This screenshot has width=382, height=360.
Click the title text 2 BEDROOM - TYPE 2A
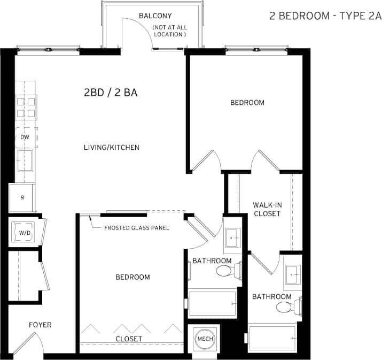coord(325,16)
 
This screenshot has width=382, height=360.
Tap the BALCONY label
coord(155,16)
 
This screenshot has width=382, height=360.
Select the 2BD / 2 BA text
coord(111,93)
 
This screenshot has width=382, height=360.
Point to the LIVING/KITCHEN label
coord(112,147)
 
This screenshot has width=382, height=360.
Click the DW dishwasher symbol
coord(25,137)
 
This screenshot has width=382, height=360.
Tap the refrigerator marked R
coord(22,197)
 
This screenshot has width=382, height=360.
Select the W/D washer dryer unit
coord(23,232)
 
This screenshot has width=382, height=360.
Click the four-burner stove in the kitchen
coord(26,106)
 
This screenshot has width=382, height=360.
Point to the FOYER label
coord(40,325)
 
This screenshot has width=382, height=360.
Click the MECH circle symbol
coord(205,339)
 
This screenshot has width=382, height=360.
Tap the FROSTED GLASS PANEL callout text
coord(136,228)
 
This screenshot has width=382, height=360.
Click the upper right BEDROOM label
coord(247,102)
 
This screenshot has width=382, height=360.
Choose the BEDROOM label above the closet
coord(132,277)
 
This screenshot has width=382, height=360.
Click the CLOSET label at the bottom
coord(129,339)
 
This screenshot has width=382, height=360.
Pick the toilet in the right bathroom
coord(284,308)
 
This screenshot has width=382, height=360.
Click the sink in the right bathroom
coord(292,275)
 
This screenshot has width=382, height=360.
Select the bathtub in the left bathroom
coord(212,304)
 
